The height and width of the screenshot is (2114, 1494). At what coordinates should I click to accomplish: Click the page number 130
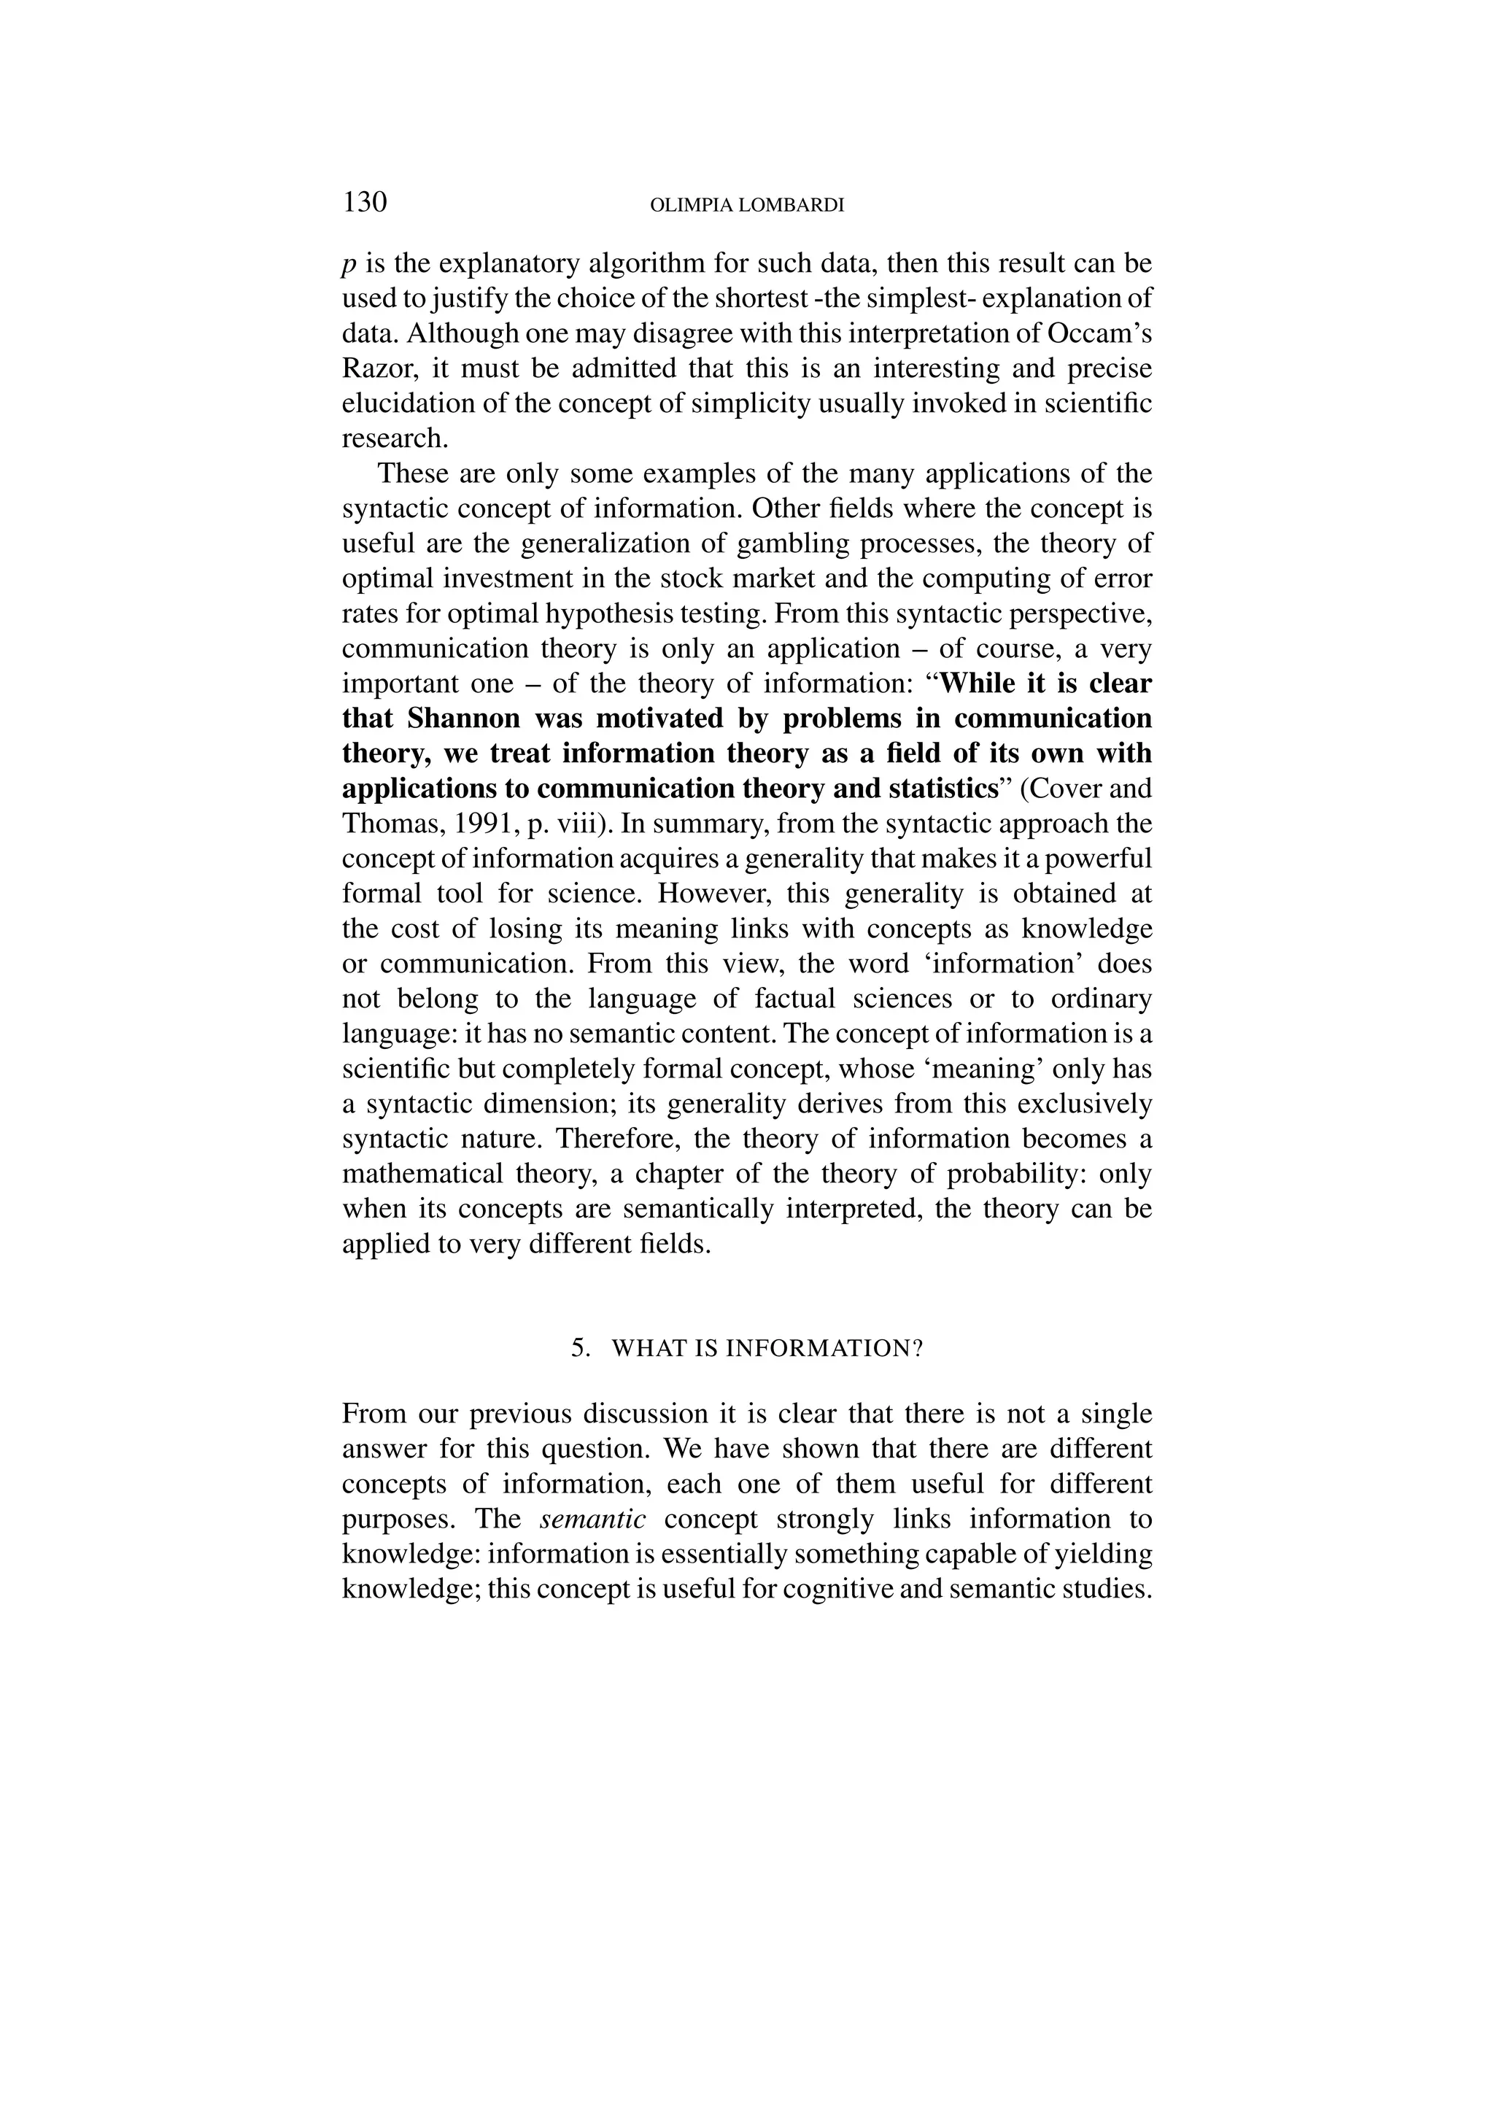[365, 201]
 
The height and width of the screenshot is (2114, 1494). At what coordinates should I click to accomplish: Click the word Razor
[376, 368]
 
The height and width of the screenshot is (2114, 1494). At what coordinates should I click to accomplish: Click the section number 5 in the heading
[579, 1349]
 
